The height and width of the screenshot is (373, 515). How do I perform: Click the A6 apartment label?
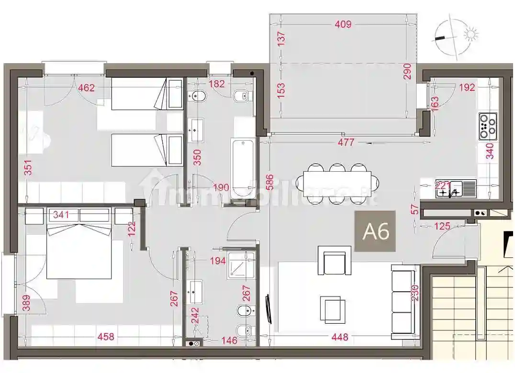(x=376, y=231)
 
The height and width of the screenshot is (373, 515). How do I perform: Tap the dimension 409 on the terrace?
(x=343, y=24)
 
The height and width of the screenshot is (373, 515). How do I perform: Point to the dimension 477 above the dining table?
(x=346, y=143)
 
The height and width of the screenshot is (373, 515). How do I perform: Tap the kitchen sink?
(x=456, y=189)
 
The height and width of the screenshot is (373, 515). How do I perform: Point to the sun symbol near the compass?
(x=472, y=34)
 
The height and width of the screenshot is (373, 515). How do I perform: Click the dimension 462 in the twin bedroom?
(x=87, y=88)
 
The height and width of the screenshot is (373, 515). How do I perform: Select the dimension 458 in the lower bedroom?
(x=105, y=337)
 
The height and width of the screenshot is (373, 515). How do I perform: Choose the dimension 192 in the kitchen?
(x=467, y=88)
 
